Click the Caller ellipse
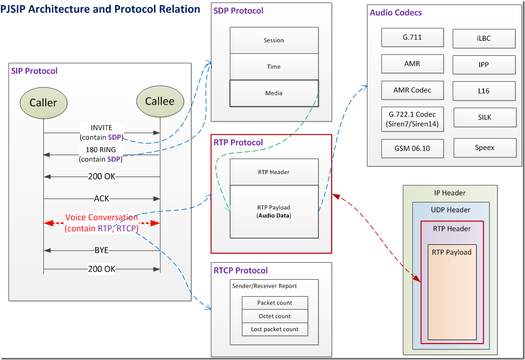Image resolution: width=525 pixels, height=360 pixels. (43, 103)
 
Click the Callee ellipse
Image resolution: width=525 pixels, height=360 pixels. (160, 101)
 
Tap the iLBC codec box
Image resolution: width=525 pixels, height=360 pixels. (484, 38)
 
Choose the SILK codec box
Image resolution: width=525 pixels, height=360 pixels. (484, 118)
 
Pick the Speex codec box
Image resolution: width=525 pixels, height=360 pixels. (485, 148)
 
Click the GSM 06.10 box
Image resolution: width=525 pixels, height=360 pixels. (412, 149)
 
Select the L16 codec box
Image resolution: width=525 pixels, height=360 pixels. (484, 91)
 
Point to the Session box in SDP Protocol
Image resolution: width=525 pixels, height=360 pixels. (274, 40)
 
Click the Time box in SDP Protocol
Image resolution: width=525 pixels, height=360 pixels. (274, 67)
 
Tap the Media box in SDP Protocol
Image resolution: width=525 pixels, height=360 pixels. (274, 93)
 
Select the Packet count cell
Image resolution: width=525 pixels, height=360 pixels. (275, 303)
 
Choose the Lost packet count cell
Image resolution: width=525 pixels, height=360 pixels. (275, 329)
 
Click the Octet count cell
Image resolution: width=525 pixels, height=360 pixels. (275, 316)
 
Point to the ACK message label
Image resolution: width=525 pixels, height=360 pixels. (102, 198)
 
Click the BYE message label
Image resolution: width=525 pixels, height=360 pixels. (102, 250)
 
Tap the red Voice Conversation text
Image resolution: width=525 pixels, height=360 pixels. (102, 218)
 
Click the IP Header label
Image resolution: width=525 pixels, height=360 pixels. (450, 193)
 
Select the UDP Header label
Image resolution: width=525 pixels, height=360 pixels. (451, 210)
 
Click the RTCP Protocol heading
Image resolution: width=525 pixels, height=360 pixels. (241, 271)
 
